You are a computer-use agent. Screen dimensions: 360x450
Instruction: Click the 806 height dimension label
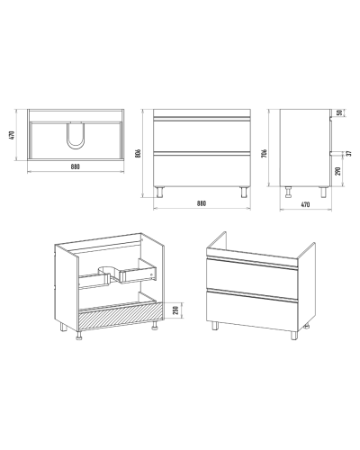[x=139, y=153]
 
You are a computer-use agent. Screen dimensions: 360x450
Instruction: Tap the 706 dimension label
[x=265, y=153]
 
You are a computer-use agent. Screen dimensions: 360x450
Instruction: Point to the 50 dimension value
[x=339, y=112]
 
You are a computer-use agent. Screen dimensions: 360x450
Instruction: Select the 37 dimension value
[x=348, y=153]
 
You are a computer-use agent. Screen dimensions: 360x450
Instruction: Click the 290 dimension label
[x=338, y=171]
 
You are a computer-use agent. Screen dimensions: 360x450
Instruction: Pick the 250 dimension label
[x=176, y=310]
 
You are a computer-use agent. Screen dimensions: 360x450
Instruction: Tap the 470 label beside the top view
[x=12, y=135]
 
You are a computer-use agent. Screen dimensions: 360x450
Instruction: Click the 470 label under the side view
[x=305, y=204]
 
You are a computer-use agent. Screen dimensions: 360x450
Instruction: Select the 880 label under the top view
[x=76, y=166]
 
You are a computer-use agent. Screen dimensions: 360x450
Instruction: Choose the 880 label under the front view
[x=202, y=203]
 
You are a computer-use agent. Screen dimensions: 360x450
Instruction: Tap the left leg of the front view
[x=159, y=193]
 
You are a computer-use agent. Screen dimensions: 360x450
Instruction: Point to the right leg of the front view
[x=244, y=193]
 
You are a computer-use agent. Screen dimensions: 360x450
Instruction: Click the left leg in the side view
[x=289, y=193]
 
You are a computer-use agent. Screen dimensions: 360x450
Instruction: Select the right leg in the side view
[x=323, y=193]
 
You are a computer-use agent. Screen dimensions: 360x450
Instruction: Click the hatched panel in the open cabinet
[x=120, y=318]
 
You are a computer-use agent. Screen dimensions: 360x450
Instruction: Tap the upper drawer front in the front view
[x=202, y=135]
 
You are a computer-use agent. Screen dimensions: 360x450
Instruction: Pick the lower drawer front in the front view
[x=202, y=169]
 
